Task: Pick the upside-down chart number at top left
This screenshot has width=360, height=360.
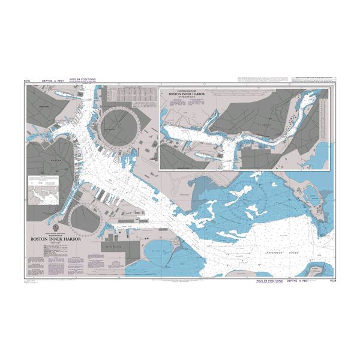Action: (x=27, y=79)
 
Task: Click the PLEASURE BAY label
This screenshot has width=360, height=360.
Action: (x=158, y=253)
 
